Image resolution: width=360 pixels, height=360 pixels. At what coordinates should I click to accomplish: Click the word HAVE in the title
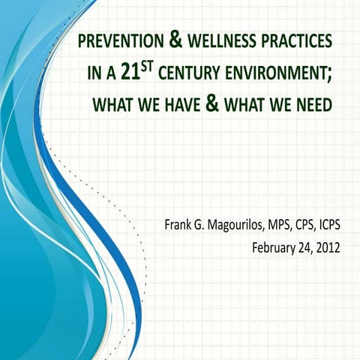pos(175,106)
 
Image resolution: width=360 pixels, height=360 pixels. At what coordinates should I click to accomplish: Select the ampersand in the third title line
pos(211,104)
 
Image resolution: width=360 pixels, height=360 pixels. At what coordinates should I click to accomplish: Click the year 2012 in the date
pos(328,247)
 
